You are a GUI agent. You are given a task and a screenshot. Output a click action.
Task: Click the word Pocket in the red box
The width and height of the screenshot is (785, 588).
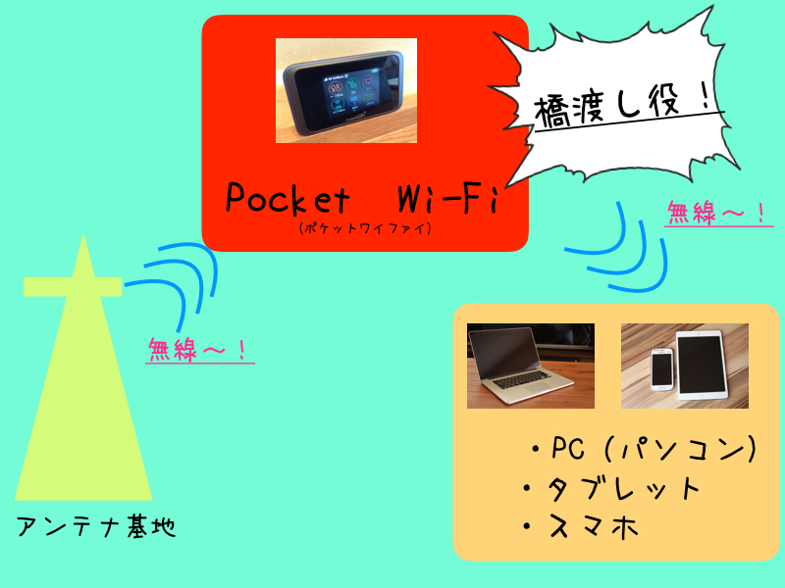click(x=288, y=198)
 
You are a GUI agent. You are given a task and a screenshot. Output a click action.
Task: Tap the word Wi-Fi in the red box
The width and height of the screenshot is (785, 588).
click(x=448, y=199)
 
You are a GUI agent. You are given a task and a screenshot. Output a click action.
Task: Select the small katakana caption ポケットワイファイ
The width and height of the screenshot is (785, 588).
click(x=365, y=228)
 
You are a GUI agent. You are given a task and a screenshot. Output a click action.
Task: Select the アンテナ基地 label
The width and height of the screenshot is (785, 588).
click(x=96, y=525)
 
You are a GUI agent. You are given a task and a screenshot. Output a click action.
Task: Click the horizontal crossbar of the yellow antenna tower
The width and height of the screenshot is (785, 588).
click(x=73, y=286)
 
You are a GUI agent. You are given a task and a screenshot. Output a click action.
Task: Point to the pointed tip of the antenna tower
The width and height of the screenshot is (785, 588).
click(x=83, y=234)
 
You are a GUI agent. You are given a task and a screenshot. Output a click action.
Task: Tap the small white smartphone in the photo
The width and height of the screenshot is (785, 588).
click(x=661, y=369)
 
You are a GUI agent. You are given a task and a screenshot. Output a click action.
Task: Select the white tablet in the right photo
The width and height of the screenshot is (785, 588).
click(x=701, y=365)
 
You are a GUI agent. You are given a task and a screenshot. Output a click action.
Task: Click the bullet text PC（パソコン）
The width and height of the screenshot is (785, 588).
click(x=644, y=448)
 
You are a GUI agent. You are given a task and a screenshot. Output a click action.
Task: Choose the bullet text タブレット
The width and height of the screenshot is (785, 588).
click(x=610, y=488)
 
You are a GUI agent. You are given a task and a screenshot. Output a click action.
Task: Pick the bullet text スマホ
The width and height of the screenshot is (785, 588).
click(x=580, y=526)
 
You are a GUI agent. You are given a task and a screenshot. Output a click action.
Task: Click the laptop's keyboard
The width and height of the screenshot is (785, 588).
click(x=522, y=381)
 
